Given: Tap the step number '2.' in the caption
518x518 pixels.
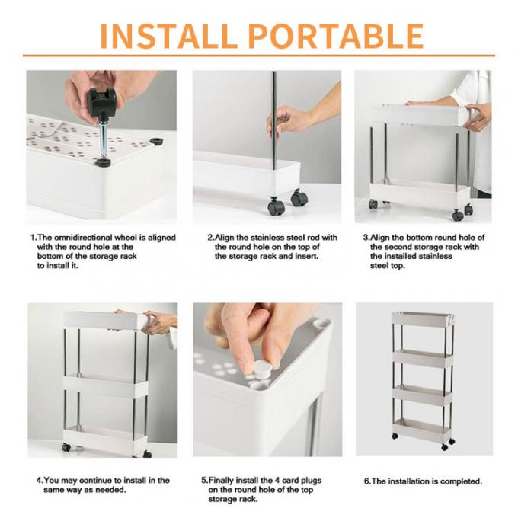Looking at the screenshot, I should [211, 238].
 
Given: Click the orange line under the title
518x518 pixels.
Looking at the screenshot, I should [259, 56].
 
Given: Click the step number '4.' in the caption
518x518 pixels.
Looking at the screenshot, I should [40, 481].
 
